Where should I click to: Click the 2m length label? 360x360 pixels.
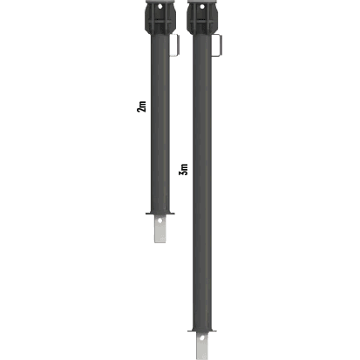click(x=141, y=106)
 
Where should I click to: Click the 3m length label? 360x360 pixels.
click(x=184, y=169)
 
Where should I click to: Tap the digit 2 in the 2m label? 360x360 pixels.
click(x=141, y=110)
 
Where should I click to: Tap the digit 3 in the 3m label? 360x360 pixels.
click(x=184, y=173)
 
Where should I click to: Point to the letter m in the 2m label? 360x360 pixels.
click(x=142, y=104)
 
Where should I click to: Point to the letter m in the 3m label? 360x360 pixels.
click(x=185, y=166)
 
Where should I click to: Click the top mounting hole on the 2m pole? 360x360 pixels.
click(x=160, y=6)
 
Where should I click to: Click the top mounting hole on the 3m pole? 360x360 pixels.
click(x=202, y=6)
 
